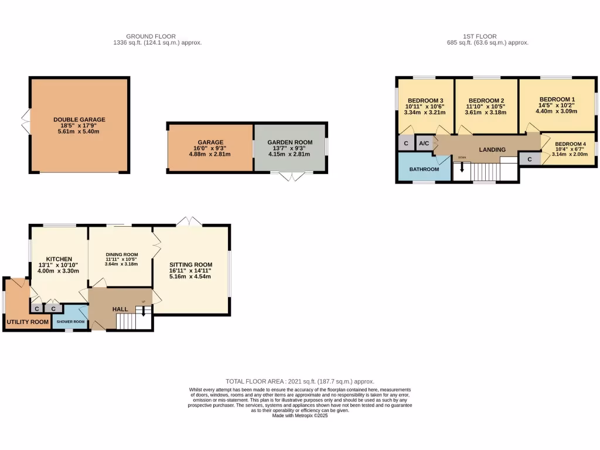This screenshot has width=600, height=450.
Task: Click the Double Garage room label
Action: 79,119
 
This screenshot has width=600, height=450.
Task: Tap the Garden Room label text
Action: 290,142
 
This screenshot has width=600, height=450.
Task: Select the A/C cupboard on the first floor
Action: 423,143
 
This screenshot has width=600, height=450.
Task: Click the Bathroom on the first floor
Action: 424,169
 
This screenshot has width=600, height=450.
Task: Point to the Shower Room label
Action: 70,322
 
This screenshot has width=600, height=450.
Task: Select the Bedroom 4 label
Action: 570,144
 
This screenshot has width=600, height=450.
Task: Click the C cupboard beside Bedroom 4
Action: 530,159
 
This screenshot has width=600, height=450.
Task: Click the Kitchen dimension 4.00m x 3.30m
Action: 59,271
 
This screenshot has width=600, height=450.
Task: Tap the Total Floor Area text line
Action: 300,381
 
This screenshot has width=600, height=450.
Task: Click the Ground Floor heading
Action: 151,36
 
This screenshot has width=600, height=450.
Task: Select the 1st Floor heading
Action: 487,36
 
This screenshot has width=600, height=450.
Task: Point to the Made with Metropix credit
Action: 300,416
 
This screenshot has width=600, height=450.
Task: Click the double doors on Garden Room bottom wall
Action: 291,177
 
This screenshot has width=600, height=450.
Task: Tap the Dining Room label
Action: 122,254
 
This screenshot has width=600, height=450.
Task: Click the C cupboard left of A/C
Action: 405,143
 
